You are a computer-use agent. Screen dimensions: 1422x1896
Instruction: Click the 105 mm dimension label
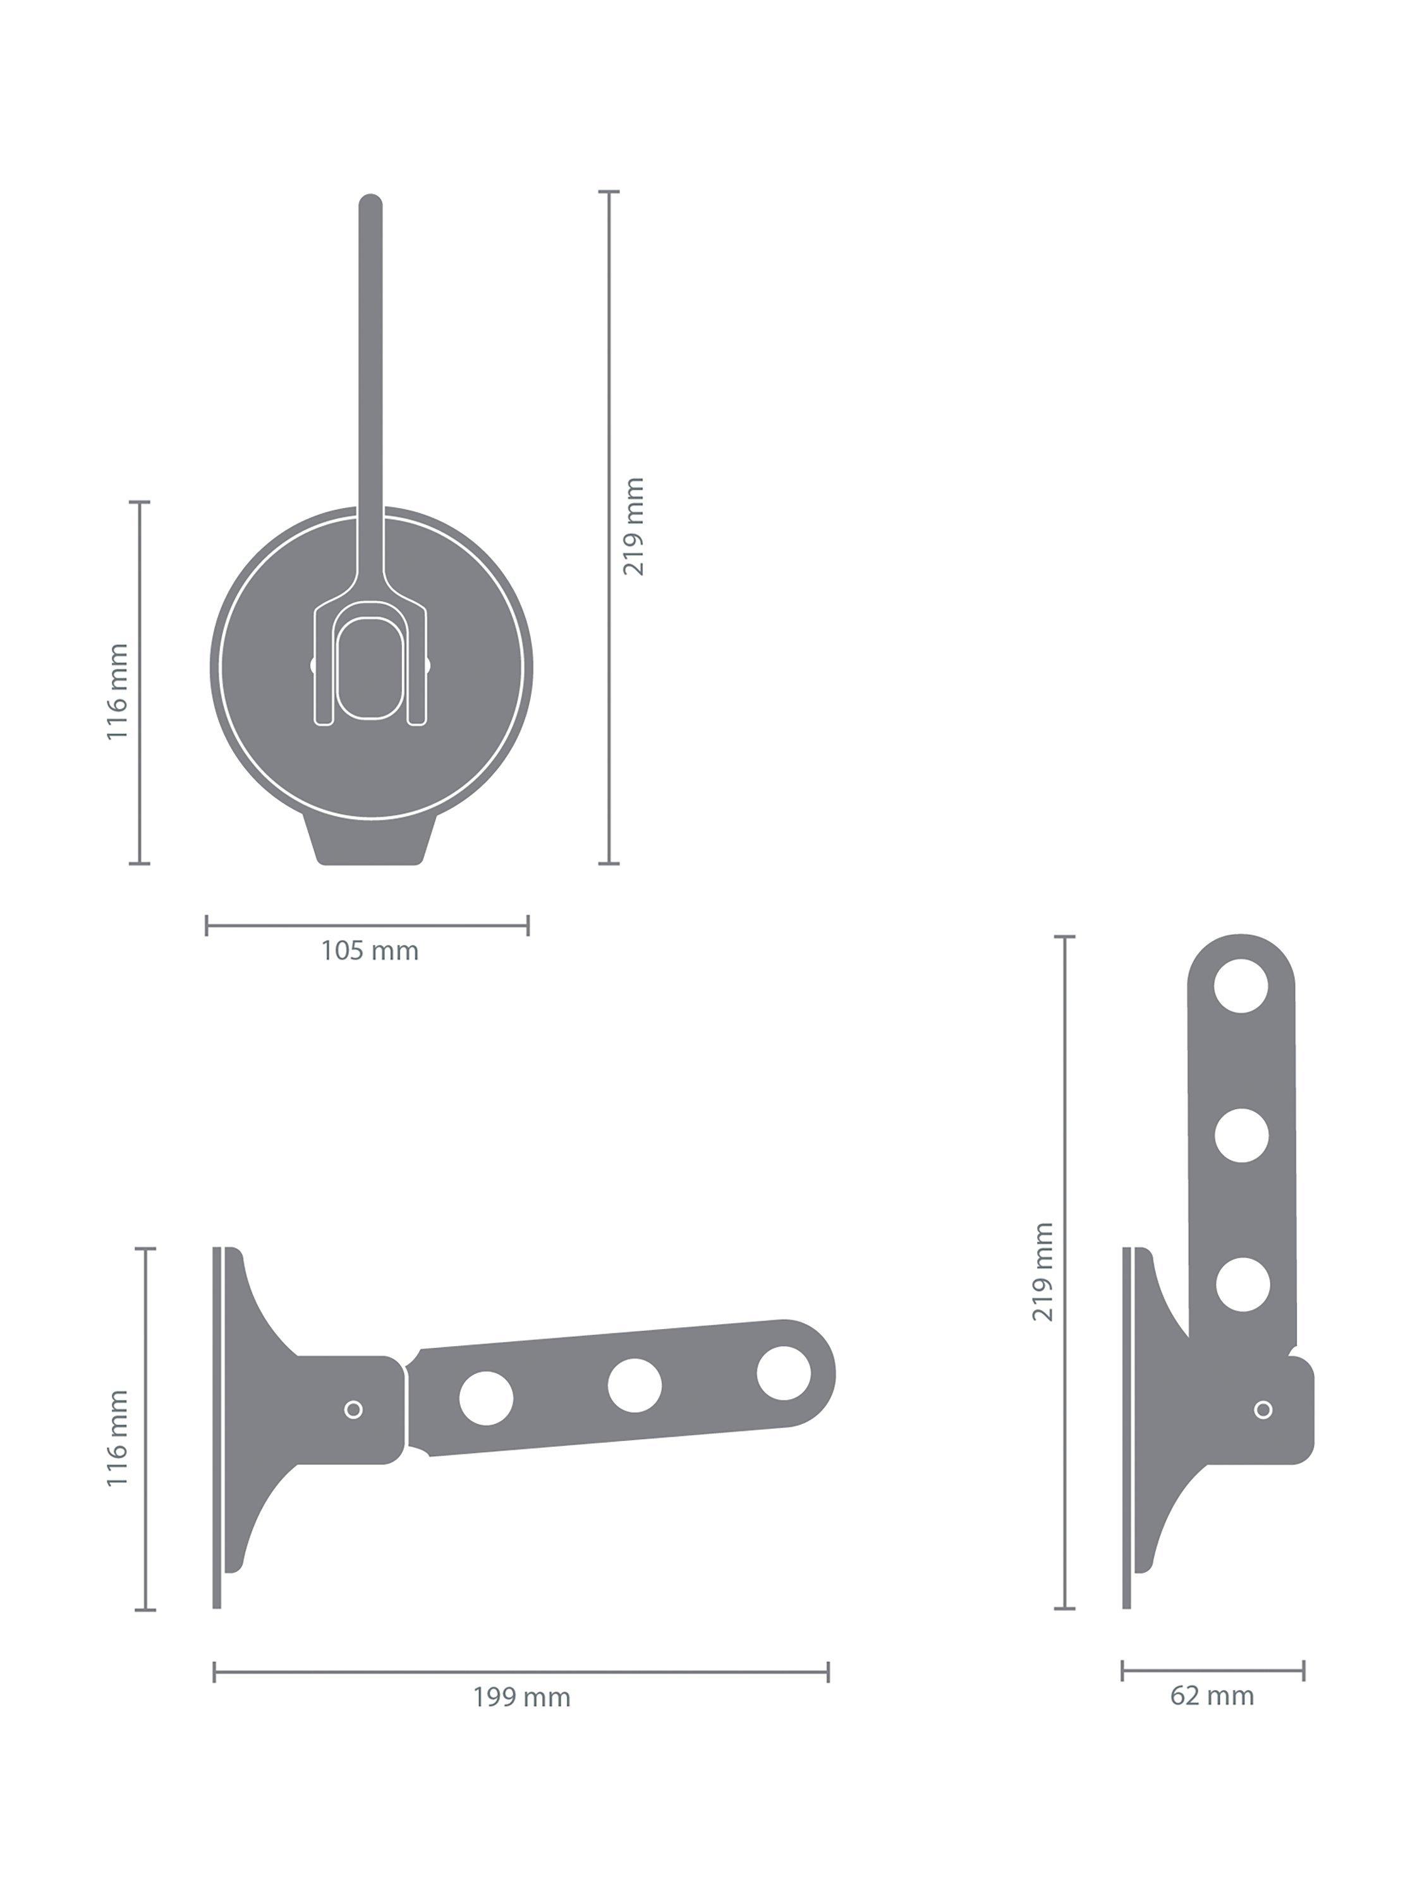[x=370, y=951]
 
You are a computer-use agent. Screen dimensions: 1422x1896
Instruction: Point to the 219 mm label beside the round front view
[x=633, y=526]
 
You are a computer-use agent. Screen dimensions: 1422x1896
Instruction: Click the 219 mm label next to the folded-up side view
[x=1043, y=1272]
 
